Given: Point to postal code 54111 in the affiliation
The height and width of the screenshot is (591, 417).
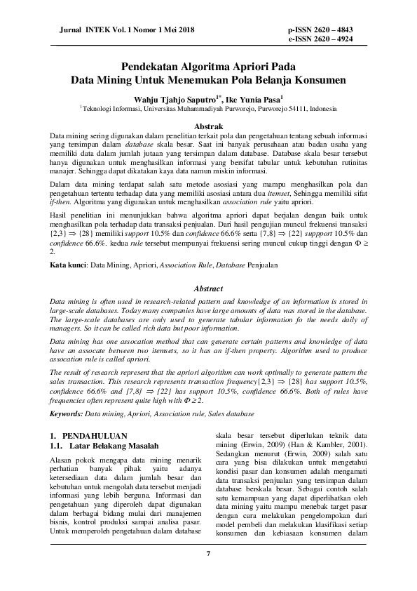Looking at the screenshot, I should pyautogui.click(x=298, y=109).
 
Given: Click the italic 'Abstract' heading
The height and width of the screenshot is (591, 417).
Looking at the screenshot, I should pyautogui.click(x=208, y=288).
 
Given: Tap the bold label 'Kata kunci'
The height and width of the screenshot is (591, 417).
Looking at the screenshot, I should pyautogui.click(x=67, y=265).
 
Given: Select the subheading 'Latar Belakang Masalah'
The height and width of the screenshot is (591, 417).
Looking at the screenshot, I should pyautogui.click(x=114, y=446).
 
